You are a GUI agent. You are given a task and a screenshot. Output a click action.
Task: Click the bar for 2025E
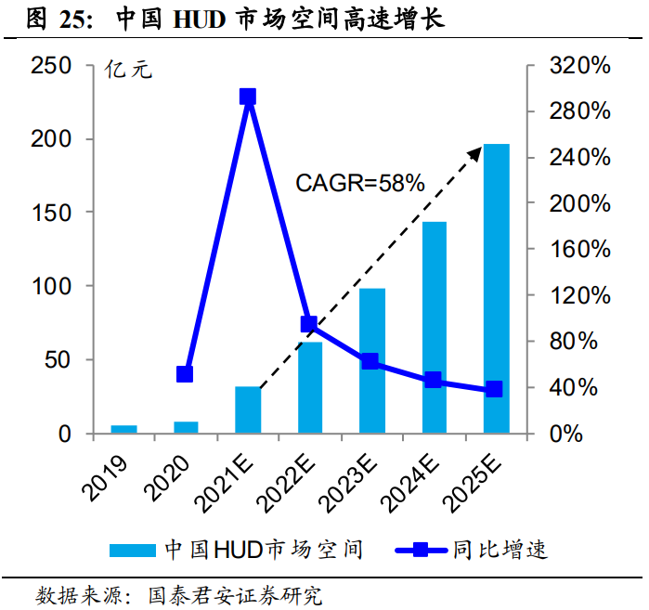[496, 289]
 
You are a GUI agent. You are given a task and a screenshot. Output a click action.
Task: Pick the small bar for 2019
[123, 429]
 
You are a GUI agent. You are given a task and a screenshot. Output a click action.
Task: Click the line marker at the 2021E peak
[247, 97]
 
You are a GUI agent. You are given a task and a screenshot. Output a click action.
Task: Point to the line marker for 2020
[185, 374]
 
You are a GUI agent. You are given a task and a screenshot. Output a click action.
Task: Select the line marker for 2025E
[494, 389]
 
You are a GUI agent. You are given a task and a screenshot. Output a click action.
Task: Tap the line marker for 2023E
[370, 361]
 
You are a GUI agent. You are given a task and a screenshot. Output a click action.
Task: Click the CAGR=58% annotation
[359, 183]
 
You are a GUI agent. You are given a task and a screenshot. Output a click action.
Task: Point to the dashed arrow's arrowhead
[475, 149]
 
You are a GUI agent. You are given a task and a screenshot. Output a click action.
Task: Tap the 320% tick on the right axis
[581, 66]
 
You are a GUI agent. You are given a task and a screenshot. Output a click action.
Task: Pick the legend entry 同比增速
[500, 550]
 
